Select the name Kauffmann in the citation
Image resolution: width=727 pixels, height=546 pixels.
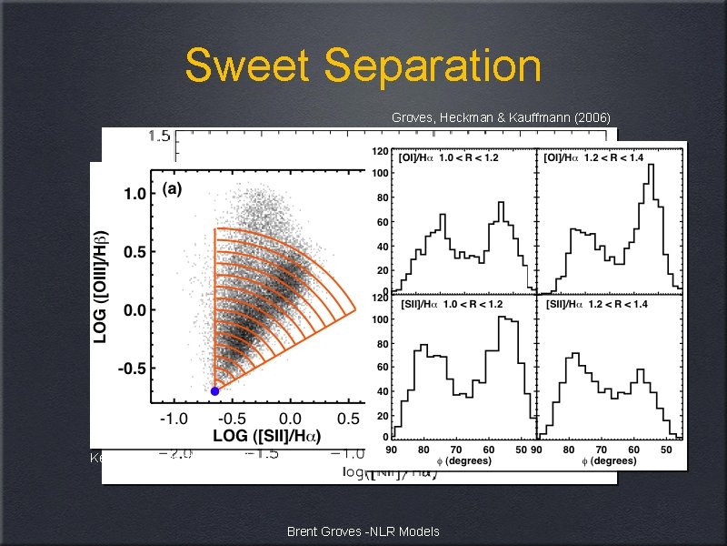click(533, 117)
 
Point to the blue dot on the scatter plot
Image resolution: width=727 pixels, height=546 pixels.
click(214, 391)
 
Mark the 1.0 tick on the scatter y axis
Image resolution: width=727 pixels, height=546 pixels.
click(135, 193)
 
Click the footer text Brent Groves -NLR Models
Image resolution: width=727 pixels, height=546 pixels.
click(363, 531)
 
